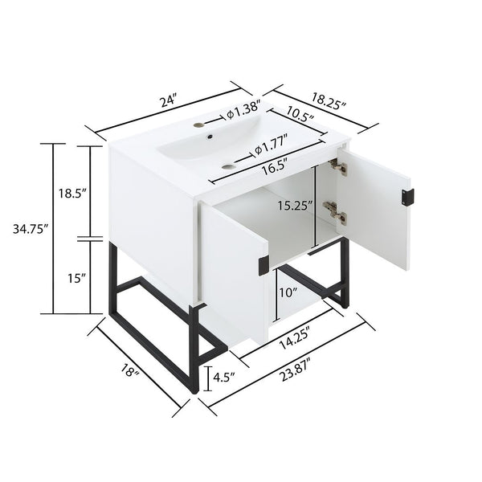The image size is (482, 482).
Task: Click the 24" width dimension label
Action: pos(168,101)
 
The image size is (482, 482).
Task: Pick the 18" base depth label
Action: pos(131,372)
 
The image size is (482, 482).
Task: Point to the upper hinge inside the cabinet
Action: pos(337,167)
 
